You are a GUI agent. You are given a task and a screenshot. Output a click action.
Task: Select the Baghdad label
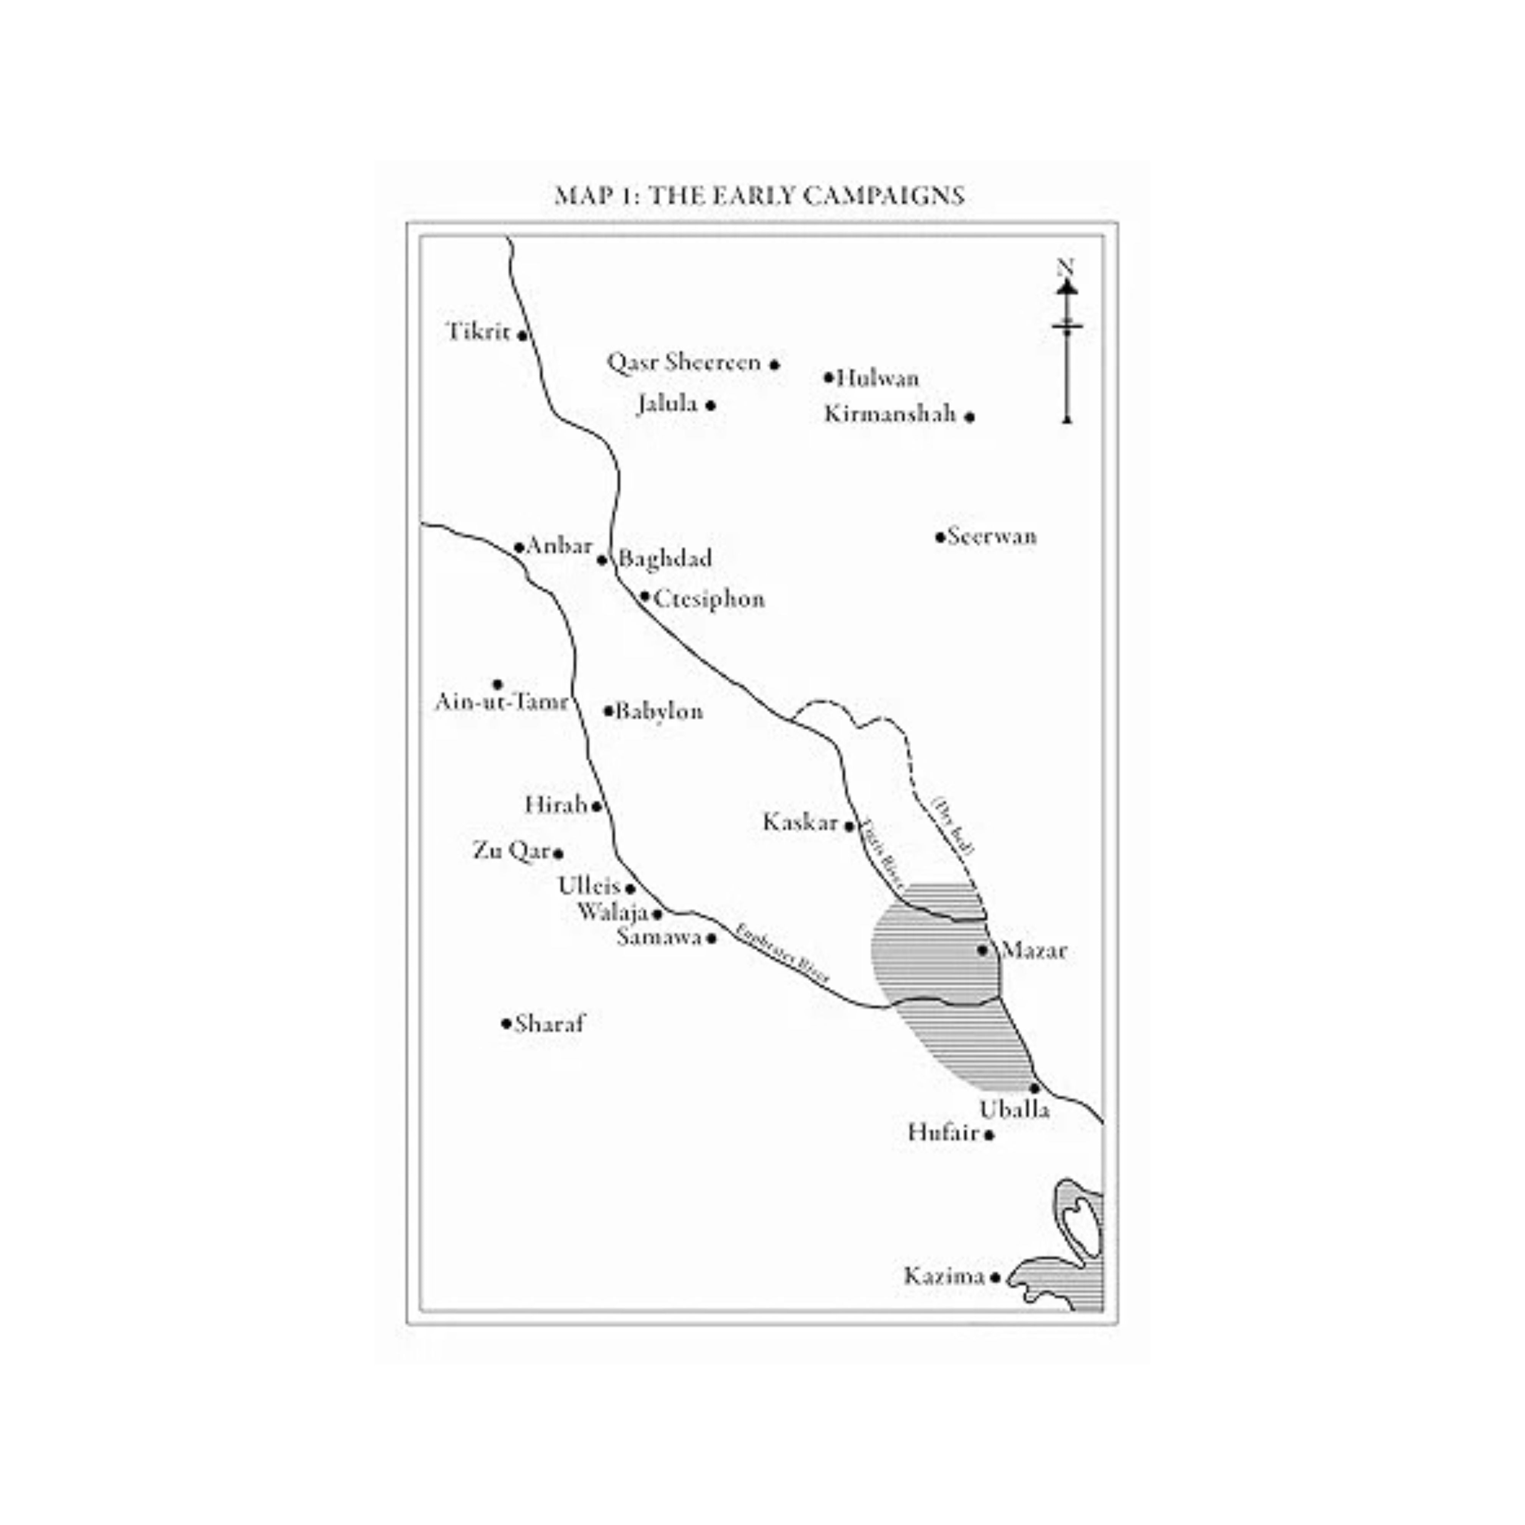point(665,559)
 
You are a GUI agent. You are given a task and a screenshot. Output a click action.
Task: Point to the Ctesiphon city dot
point(645,596)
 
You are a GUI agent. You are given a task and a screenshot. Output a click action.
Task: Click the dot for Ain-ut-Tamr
point(497,684)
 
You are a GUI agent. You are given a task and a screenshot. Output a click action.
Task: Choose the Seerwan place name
point(992,537)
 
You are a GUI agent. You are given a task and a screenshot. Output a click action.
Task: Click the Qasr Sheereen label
point(684,363)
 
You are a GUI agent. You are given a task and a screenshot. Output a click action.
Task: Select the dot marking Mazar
point(983,950)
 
